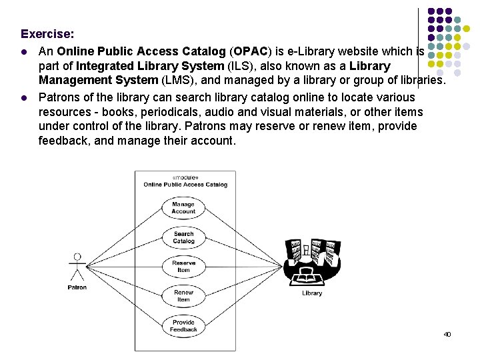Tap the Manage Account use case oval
(183, 208)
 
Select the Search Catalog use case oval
(183, 237)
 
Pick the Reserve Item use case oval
(183, 267)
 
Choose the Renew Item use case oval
(183, 296)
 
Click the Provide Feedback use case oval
(183, 325)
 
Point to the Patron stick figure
(77, 267)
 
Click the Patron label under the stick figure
(77, 287)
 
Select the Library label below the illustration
(311, 293)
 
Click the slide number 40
(447, 334)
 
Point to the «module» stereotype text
(185, 177)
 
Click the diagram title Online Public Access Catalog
(185, 185)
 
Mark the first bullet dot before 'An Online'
(25, 51)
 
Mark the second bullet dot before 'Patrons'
(25, 96)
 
